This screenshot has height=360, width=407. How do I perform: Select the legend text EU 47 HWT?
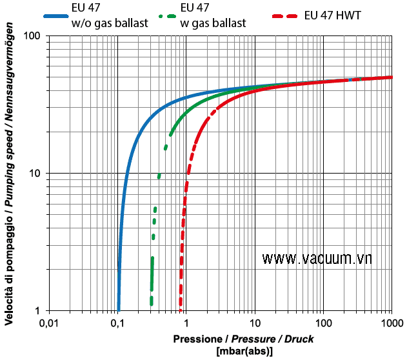pos(332,14)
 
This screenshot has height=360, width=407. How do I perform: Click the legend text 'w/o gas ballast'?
pos(110,24)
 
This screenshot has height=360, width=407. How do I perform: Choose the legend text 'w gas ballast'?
pos(213,24)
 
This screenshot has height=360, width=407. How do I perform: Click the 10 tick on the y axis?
pos(36,173)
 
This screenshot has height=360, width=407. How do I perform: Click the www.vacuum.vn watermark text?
pos(317,258)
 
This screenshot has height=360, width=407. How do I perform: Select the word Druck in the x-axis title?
pos(299,339)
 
